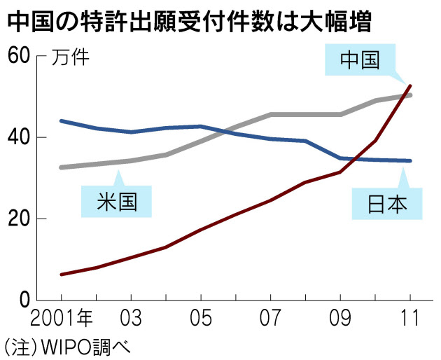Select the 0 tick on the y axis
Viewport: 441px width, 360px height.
[x=24, y=301]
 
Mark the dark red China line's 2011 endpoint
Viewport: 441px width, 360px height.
[x=409, y=85]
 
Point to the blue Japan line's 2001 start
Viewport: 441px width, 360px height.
[x=62, y=121]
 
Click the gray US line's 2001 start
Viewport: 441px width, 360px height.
[x=62, y=167]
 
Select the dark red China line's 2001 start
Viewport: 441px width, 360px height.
[x=62, y=274]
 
